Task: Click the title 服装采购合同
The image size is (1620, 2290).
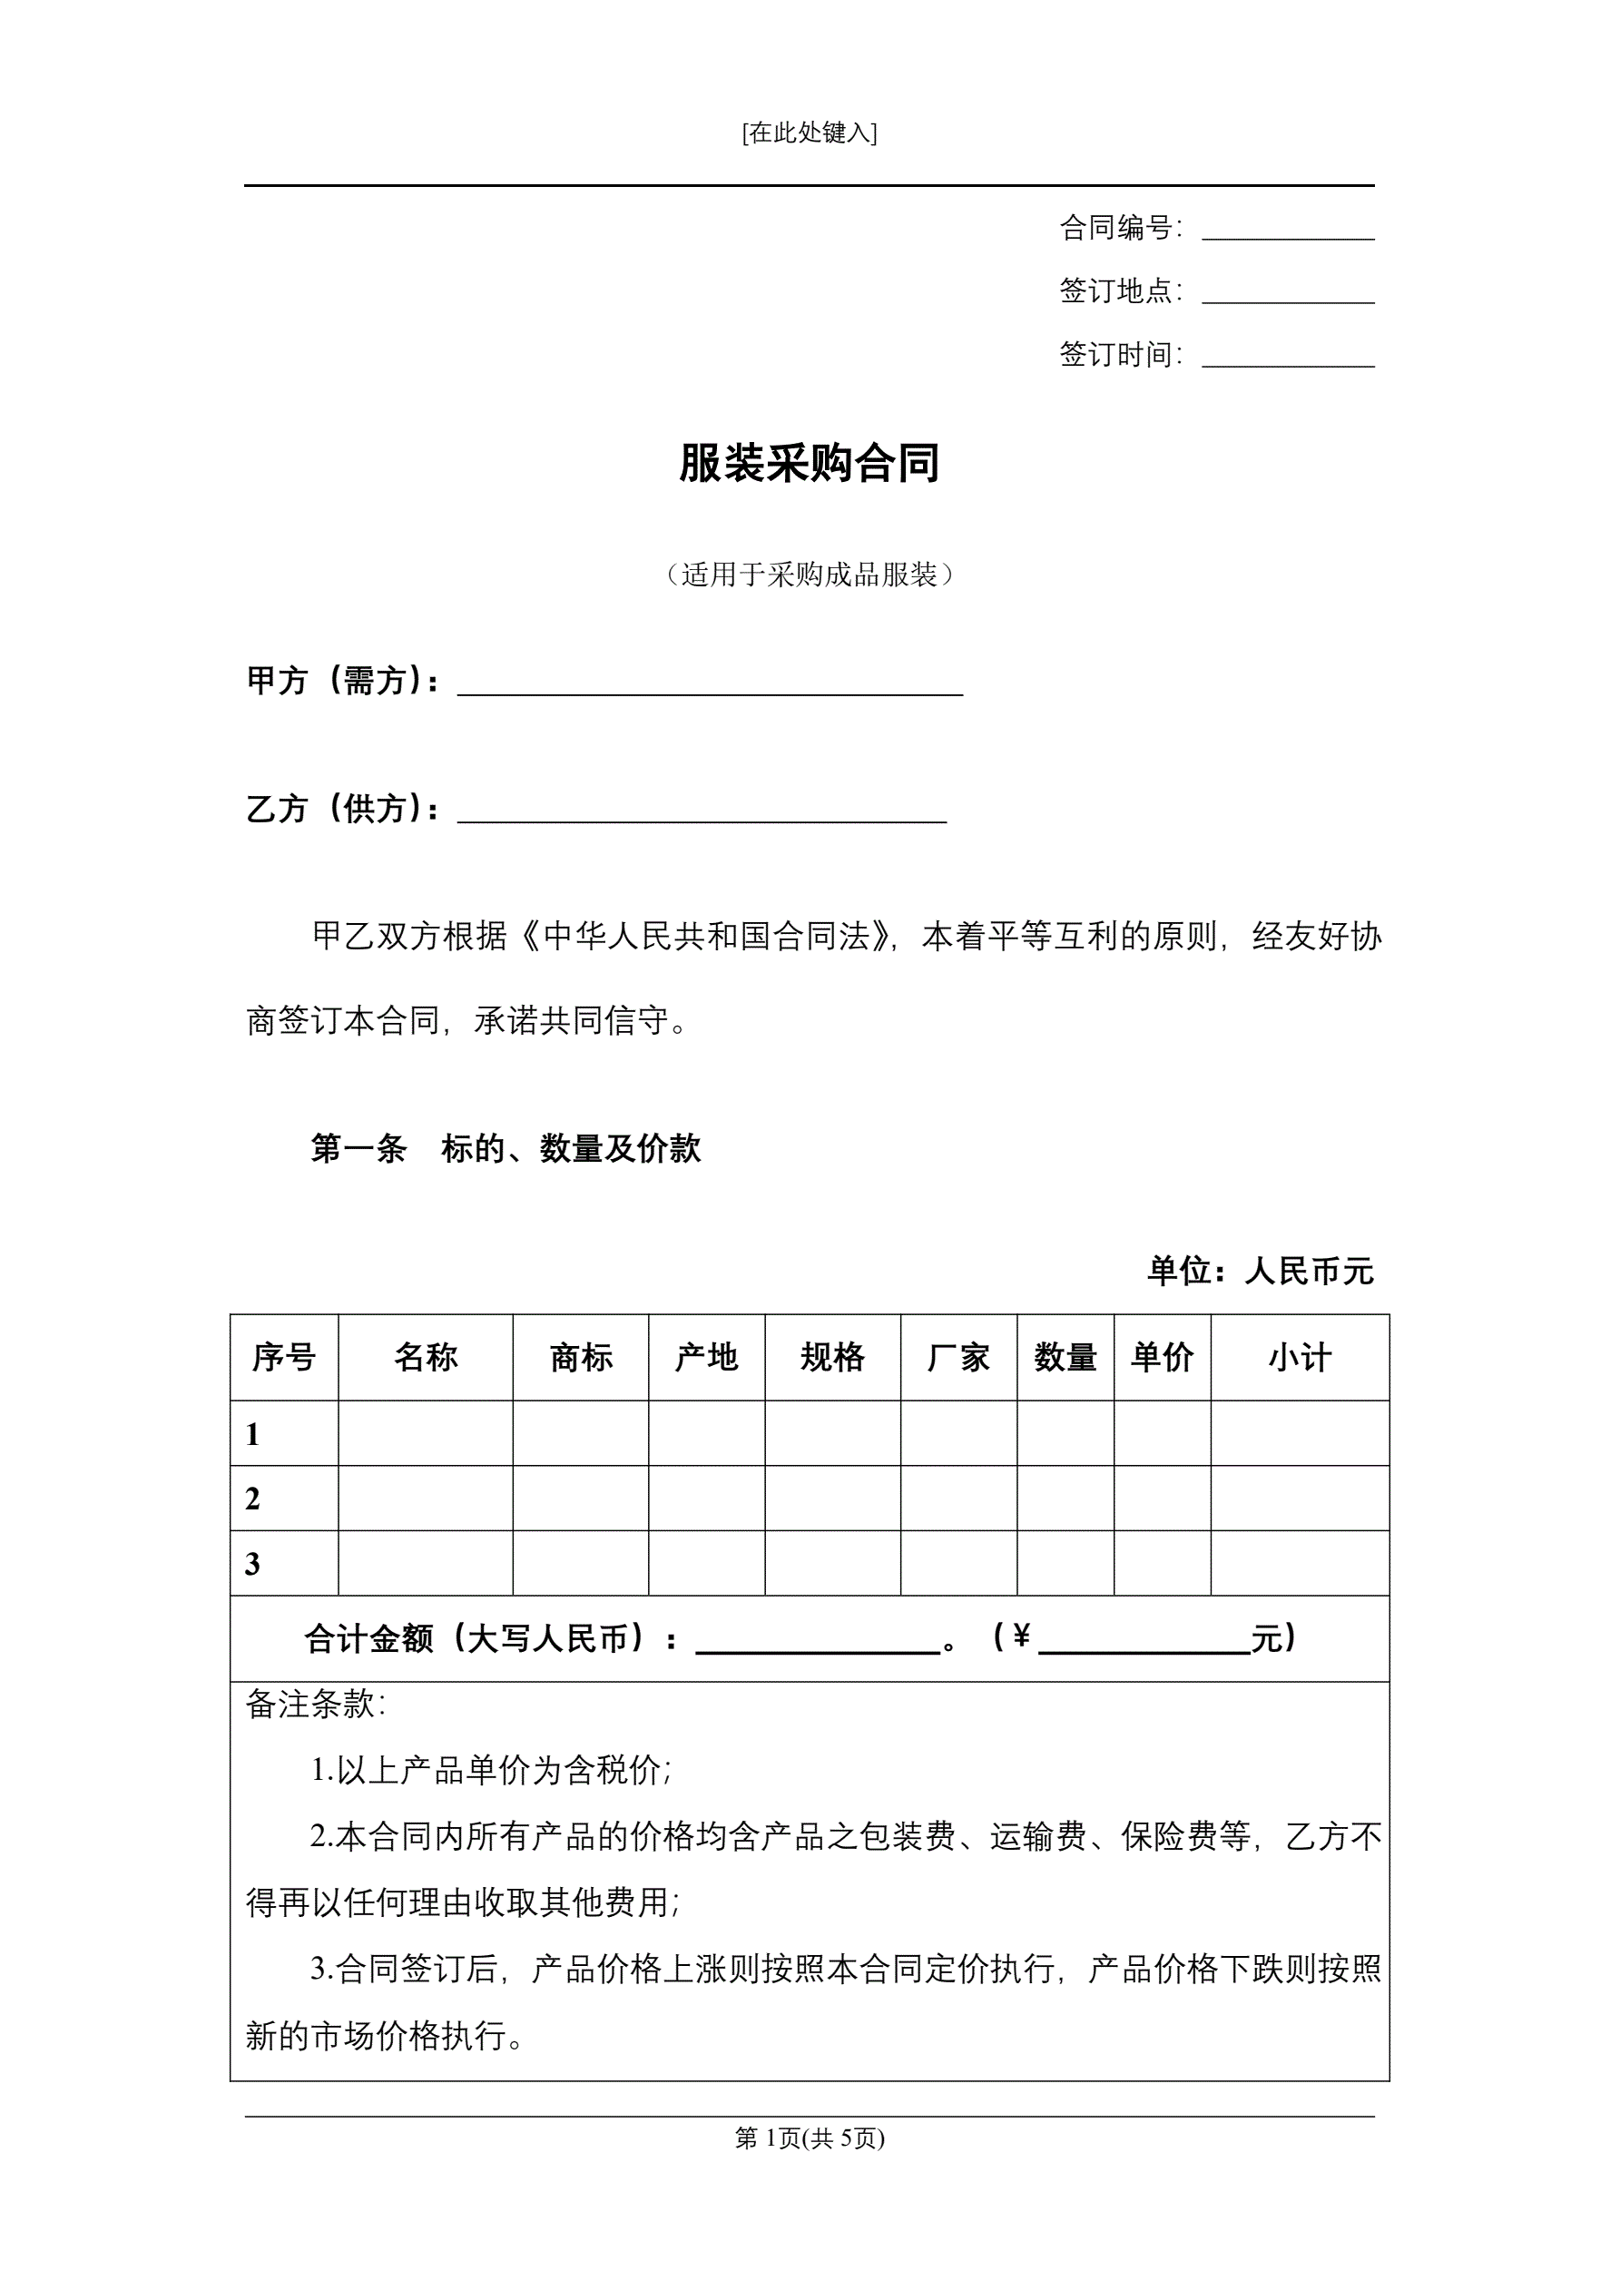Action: [809, 464]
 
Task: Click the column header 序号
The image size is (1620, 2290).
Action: [283, 1358]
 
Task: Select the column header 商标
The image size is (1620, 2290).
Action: [581, 1358]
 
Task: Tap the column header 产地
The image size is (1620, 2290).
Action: [706, 1358]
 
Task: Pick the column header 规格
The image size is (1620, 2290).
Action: [832, 1358]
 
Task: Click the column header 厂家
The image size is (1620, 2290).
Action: [958, 1358]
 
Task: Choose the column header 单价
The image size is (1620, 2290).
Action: [1162, 1358]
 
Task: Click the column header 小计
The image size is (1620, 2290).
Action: [1300, 1358]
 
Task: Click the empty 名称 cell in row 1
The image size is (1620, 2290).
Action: [425, 1433]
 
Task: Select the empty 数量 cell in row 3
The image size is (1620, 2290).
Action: [1065, 1563]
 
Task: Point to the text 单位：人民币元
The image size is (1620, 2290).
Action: [1260, 1271]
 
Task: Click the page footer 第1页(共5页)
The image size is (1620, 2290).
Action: [809, 2138]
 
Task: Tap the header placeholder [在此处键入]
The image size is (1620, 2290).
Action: [809, 133]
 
